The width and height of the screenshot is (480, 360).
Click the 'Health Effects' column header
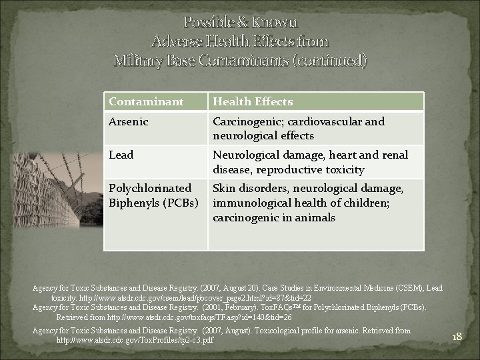(253, 102)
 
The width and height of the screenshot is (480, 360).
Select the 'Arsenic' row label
(129, 122)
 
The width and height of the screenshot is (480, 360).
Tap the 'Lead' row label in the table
(121, 155)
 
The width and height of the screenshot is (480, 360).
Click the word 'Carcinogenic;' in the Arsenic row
(245, 122)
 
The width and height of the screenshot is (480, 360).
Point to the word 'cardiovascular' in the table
(322, 122)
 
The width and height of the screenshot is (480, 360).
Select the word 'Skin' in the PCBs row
(225, 189)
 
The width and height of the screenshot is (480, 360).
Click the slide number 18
(457, 337)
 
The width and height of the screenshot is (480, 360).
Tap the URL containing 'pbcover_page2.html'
(194, 297)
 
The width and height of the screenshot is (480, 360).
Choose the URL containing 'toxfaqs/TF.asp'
(193, 317)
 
